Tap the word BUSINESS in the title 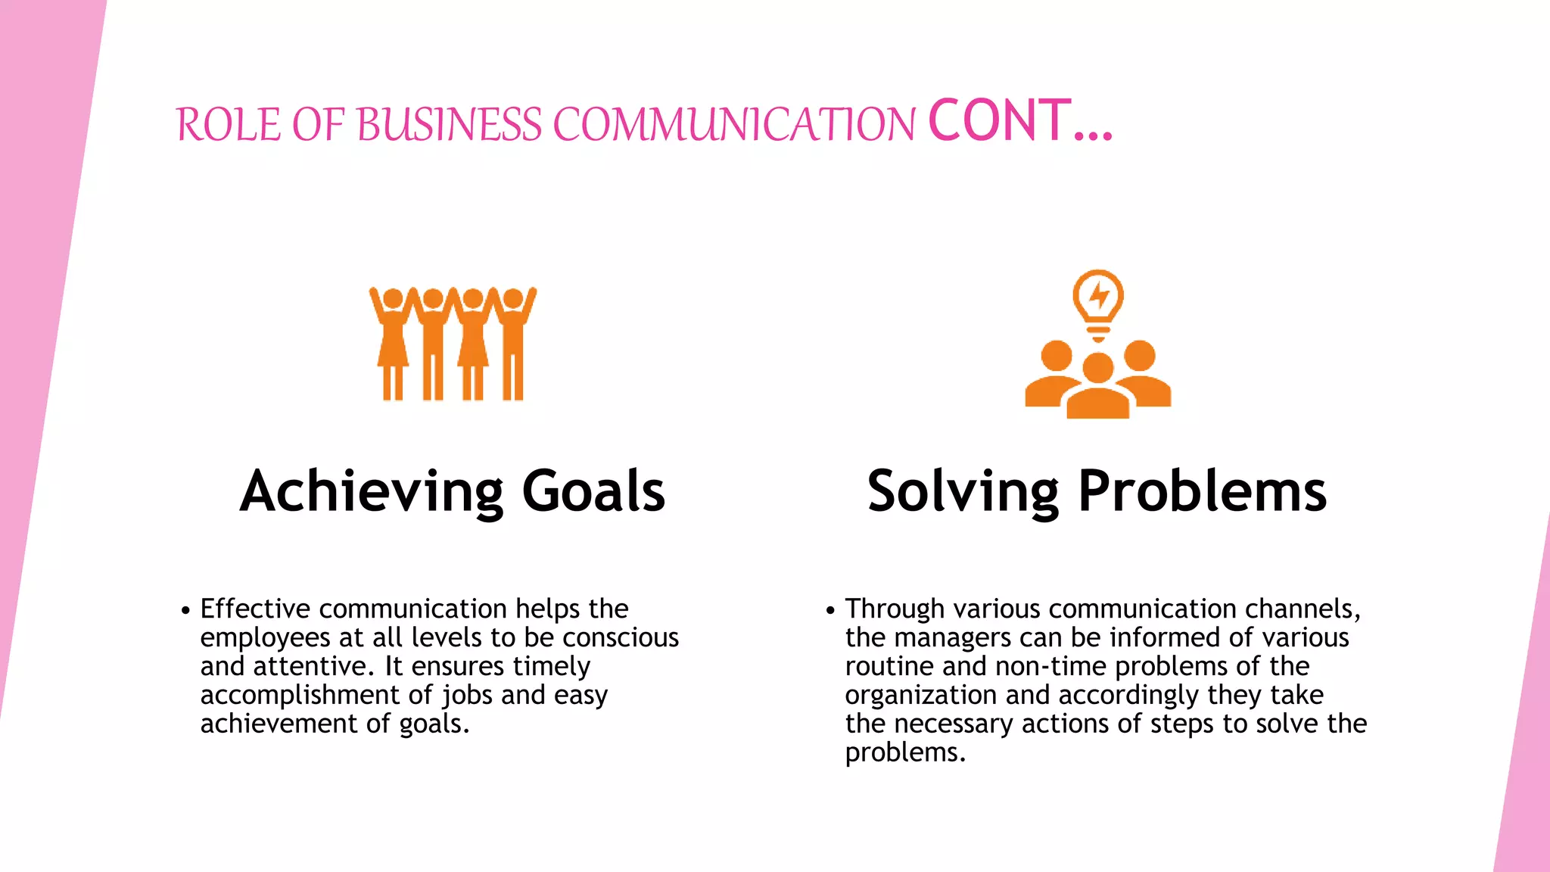pyautogui.click(x=449, y=125)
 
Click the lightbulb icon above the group pyautogui.click(x=1098, y=303)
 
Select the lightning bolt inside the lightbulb pyautogui.click(x=1099, y=295)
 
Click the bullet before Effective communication pyautogui.click(x=185, y=610)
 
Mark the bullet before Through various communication pyautogui.click(x=830, y=610)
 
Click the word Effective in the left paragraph pyautogui.click(x=255, y=609)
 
